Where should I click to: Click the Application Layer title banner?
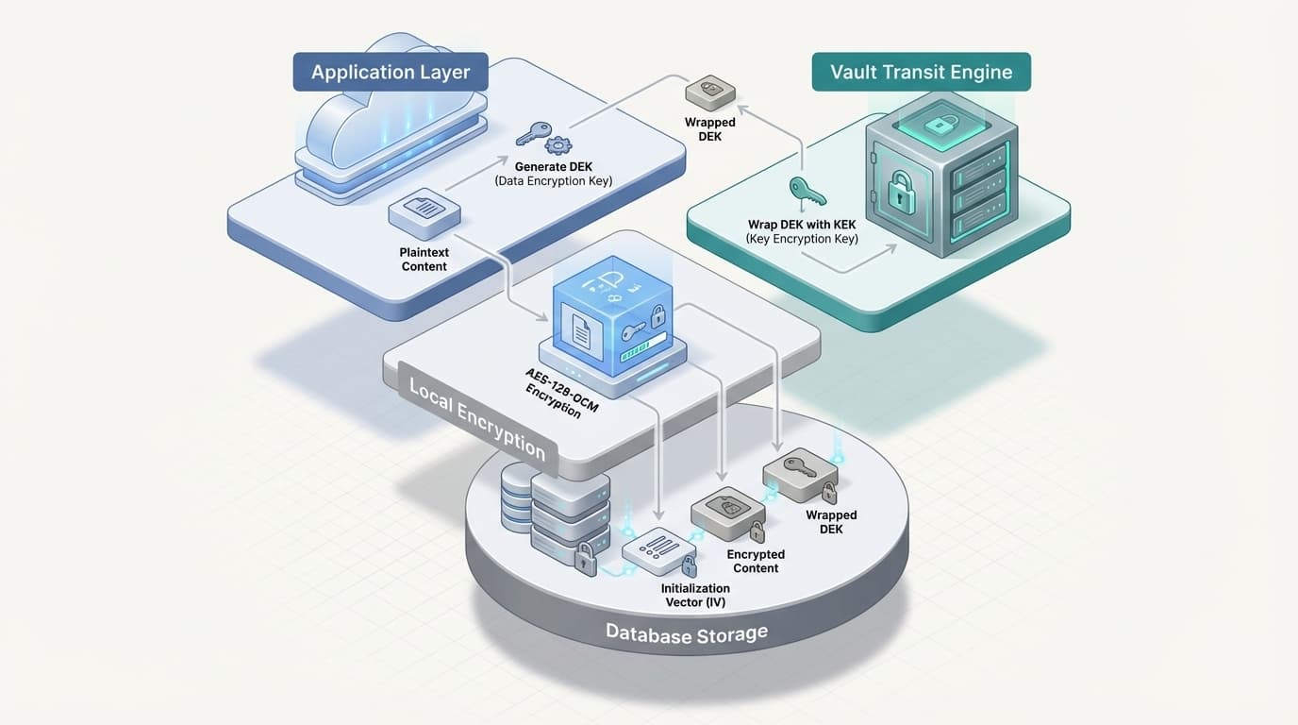pyautogui.click(x=390, y=73)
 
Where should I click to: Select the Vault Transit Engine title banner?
pyautogui.click(x=921, y=73)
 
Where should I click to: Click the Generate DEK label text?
pyautogui.click(x=553, y=166)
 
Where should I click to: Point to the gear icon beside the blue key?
pyautogui.click(x=558, y=145)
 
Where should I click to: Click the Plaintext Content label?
pyautogui.click(x=424, y=260)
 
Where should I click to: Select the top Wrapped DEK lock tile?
pyautogui.click(x=711, y=91)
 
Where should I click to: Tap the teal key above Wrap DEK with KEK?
pyautogui.click(x=807, y=192)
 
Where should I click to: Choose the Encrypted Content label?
pyautogui.click(x=756, y=561)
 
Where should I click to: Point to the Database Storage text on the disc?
pyautogui.click(x=686, y=633)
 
